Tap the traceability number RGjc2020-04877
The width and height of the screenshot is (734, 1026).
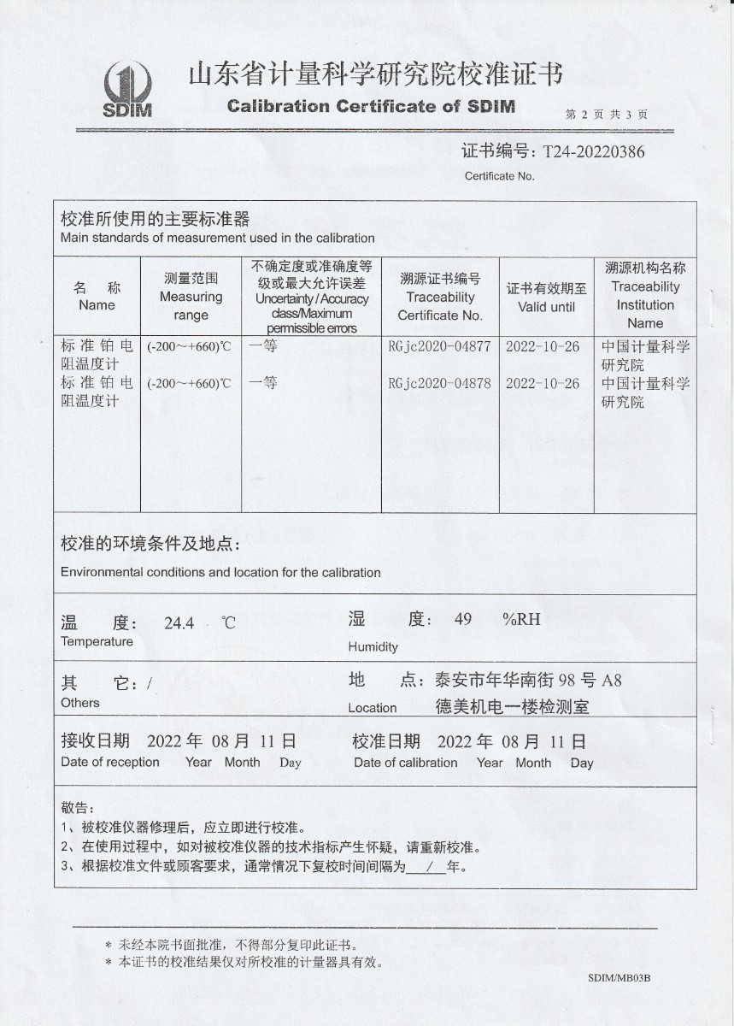(x=439, y=346)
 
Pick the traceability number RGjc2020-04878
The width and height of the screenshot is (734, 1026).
(x=439, y=383)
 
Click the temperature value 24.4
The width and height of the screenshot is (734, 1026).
(x=179, y=623)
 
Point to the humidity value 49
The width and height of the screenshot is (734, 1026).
(x=463, y=620)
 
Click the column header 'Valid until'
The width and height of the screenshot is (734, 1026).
(x=546, y=307)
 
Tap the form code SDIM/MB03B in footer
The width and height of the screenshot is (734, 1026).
(x=619, y=978)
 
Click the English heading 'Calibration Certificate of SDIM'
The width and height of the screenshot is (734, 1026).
(x=371, y=107)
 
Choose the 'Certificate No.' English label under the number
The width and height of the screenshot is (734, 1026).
(x=499, y=176)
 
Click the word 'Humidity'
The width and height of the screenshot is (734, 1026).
(x=373, y=647)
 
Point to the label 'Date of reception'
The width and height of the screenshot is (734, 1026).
(x=110, y=763)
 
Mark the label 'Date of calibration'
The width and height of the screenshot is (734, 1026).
(x=406, y=763)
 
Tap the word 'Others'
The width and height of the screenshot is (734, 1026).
(x=80, y=703)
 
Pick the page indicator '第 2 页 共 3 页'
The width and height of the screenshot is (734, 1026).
(x=607, y=114)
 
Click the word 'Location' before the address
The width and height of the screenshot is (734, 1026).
(x=372, y=708)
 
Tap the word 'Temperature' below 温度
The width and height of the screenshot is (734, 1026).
(x=97, y=642)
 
